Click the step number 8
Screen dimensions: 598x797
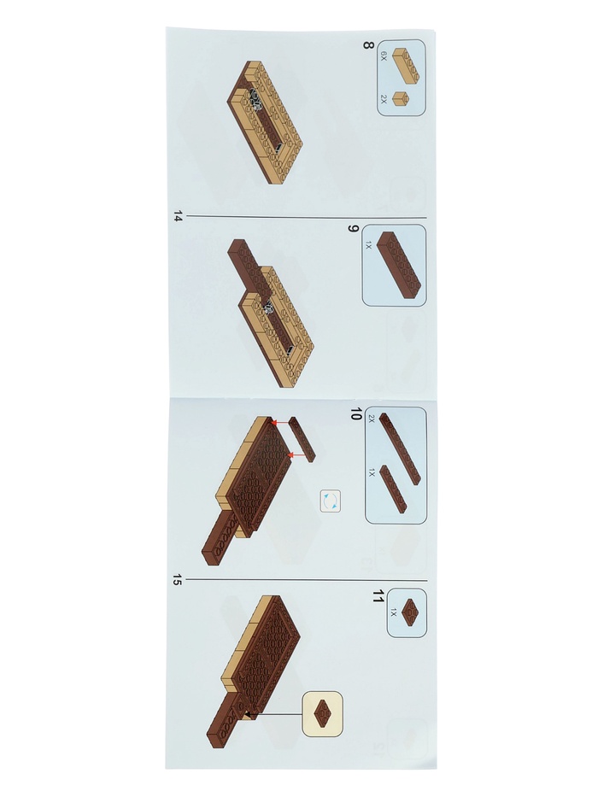tap(368, 45)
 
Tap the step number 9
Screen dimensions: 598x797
tap(353, 229)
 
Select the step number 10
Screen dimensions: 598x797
tap(356, 413)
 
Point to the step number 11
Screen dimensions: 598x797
tap(377, 595)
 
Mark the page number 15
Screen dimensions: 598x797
tap(177, 579)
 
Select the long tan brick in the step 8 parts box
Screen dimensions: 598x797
tap(407, 65)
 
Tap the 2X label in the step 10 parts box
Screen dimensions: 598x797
tap(372, 419)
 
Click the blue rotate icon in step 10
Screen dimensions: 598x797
tap(331, 501)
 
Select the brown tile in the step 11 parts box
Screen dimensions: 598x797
tap(409, 611)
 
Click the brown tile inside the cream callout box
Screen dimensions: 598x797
tap(322, 712)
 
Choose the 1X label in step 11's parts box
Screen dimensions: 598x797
tap(393, 613)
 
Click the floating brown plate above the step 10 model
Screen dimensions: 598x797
tap(302, 439)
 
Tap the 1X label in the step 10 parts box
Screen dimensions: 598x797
tap(372, 473)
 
